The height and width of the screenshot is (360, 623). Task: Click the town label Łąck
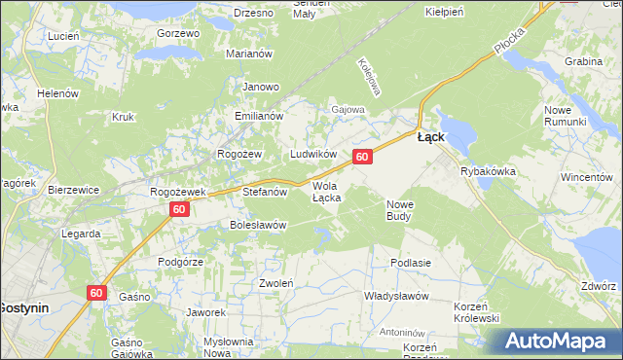click(431, 137)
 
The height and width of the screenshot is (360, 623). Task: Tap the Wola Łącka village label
click(326, 192)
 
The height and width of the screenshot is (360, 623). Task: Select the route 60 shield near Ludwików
click(362, 157)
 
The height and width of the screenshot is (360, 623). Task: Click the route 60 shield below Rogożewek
click(178, 209)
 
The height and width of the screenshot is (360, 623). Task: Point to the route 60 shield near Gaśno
click(95, 292)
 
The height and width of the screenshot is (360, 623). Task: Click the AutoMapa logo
click(561, 342)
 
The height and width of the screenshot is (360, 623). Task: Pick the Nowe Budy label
click(402, 210)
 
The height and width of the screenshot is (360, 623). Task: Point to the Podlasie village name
click(410, 263)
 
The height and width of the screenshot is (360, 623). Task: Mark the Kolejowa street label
click(368, 75)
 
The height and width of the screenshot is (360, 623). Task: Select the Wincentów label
click(586, 178)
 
